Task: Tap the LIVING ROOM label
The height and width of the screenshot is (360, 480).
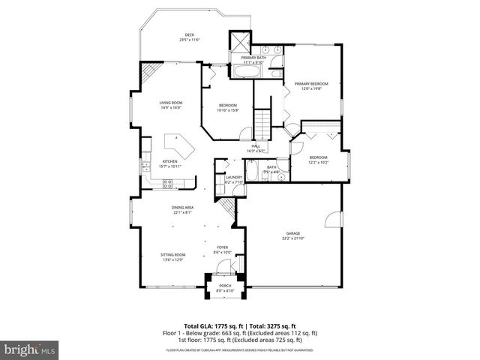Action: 170,103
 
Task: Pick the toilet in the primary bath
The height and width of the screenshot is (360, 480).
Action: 276,73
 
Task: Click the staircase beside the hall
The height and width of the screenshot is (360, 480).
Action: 262,120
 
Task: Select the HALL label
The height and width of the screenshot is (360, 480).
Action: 255,146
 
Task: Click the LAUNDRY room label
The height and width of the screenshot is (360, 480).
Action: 234,177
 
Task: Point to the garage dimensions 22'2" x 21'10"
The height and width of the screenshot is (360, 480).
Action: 293,238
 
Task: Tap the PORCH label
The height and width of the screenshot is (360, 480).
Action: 225,286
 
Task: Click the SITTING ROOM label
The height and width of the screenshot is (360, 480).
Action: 172,255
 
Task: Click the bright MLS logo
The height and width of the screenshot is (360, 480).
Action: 29,349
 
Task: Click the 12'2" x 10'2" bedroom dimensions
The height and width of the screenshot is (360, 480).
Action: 318,162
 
